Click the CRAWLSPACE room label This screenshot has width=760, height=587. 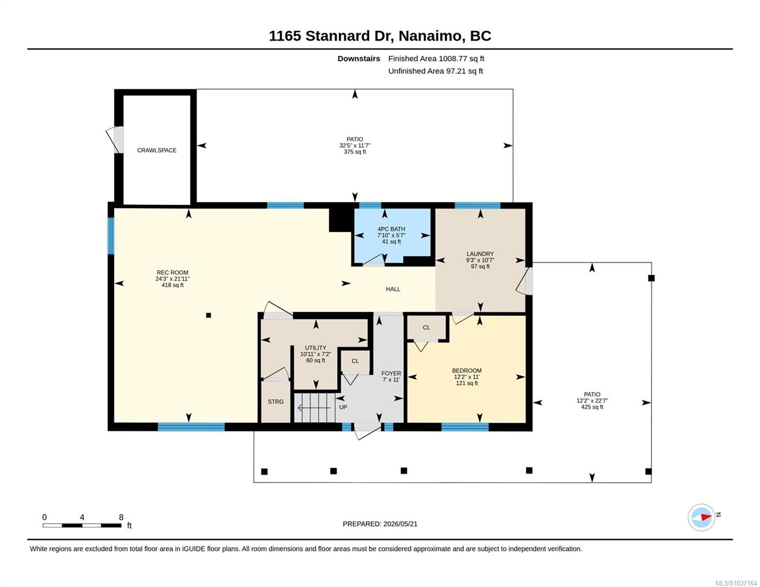[x=156, y=150]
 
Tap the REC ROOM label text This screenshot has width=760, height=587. [x=172, y=272]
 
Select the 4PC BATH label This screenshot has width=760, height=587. [x=391, y=229]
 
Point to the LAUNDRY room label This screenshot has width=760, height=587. [x=480, y=254]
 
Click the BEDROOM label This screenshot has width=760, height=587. [x=466, y=371]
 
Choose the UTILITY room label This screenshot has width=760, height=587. [x=316, y=348]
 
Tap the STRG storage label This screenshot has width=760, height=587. [x=276, y=402]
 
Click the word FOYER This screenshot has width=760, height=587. [x=391, y=373]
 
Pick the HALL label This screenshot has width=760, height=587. [x=393, y=289]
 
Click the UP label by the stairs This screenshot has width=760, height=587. [x=343, y=407]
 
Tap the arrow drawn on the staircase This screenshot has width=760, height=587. [x=314, y=407]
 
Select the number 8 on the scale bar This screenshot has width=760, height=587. [x=121, y=517]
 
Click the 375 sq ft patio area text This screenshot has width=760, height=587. [x=355, y=152]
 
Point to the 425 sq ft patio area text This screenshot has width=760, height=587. [x=592, y=407]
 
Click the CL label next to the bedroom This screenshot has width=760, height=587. [x=426, y=328]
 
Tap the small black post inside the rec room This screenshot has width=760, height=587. [x=208, y=316]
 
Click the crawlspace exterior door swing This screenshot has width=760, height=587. [x=114, y=140]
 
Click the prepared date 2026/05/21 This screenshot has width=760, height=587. [x=400, y=524]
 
